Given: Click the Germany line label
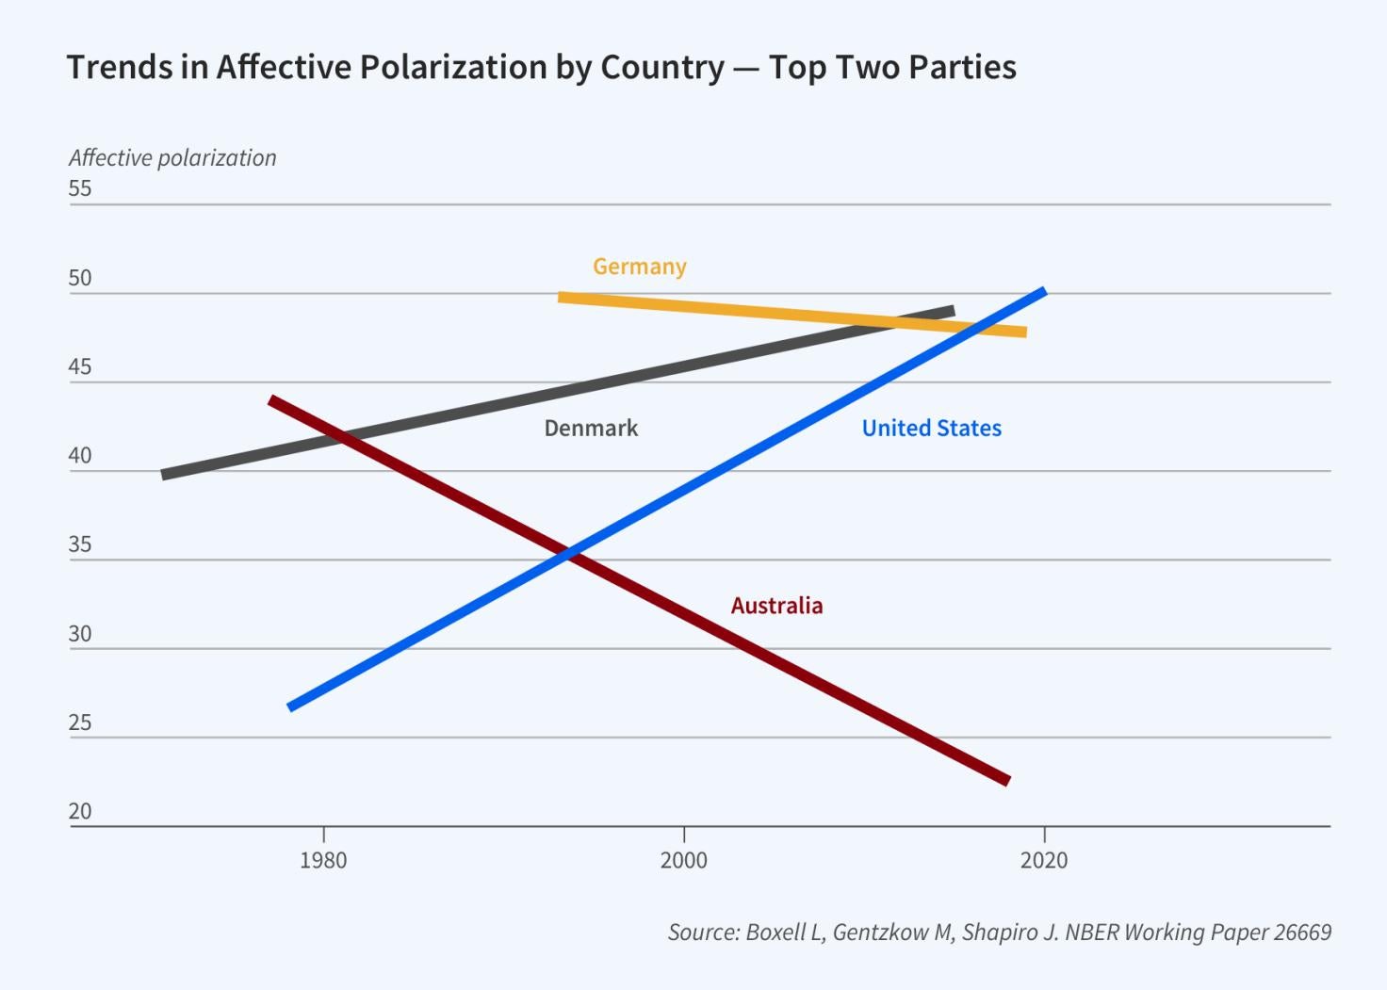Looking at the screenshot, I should (639, 267).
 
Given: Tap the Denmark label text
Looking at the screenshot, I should (591, 429).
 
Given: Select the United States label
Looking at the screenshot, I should (931, 429).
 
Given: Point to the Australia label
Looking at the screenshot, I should (776, 606).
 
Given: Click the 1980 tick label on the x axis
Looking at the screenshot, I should (323, 860).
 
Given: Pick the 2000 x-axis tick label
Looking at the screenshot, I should (683, 860).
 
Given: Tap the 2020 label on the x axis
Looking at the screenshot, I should (1044, 860).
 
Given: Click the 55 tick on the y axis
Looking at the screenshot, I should (80, 188).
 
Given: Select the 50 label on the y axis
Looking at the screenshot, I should (80, 278).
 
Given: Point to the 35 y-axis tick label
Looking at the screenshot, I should (80, 544).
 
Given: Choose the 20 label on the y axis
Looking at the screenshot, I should (80, 811).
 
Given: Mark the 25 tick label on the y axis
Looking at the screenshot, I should (80, 722).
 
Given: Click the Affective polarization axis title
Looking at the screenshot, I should (172, 158).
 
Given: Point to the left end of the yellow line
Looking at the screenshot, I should (561, 298).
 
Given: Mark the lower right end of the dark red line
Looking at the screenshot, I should (1007, 780).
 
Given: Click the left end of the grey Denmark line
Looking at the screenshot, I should (164, 475).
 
